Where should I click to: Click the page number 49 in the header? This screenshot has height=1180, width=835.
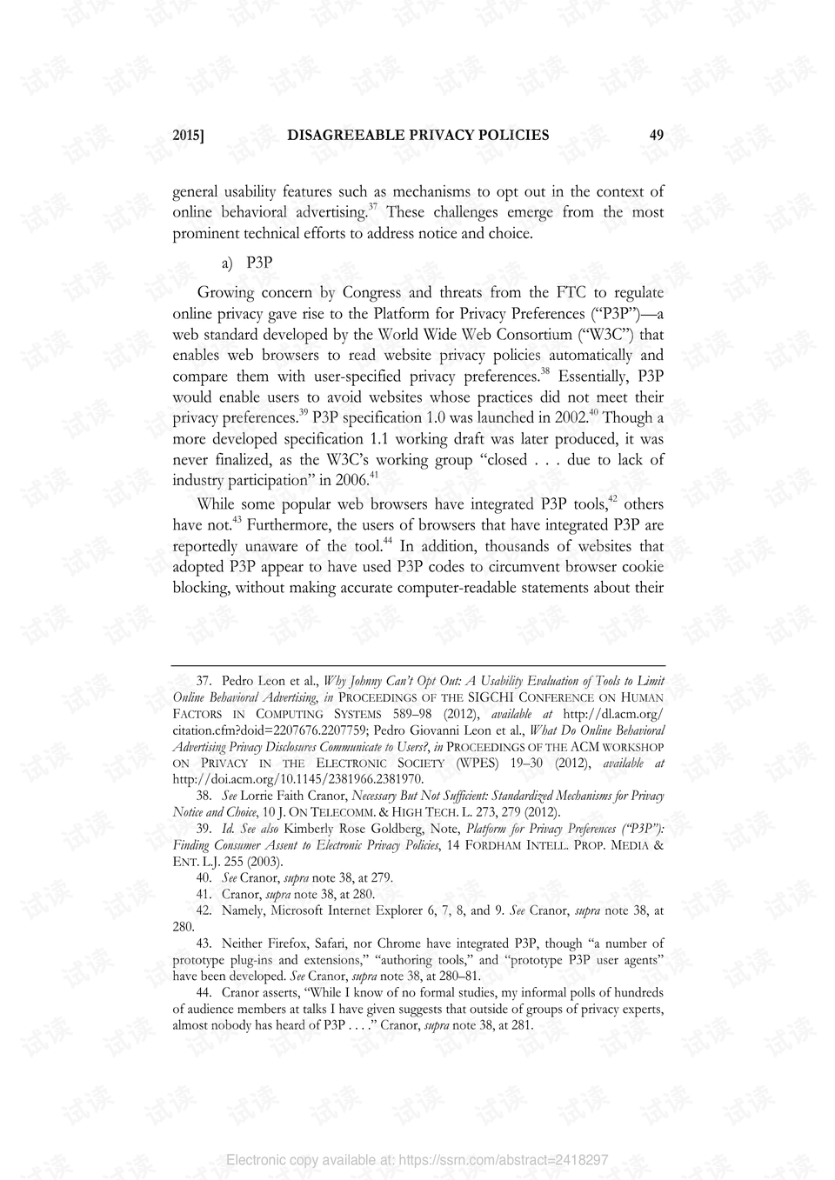point(656,135)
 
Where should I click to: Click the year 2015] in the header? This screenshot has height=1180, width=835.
point(188,135)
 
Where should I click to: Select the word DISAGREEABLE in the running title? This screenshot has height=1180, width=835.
point(346,135)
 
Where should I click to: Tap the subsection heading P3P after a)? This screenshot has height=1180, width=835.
point(259,263)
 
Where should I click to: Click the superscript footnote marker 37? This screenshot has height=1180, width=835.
point(372,207)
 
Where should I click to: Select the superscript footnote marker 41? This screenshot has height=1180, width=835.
point(374,475)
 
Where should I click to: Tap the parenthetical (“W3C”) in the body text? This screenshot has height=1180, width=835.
point(607,334)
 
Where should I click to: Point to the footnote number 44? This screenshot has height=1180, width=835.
point(204,992)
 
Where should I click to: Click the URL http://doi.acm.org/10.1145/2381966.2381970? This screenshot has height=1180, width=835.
point(298,779)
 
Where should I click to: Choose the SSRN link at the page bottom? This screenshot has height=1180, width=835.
point(417,1160)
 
